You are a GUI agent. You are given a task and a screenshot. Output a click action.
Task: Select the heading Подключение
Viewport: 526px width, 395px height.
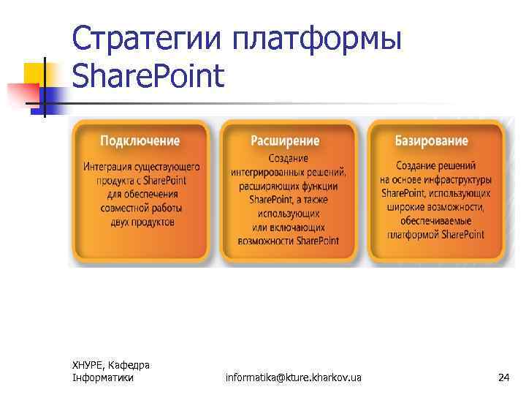tap(140, 140)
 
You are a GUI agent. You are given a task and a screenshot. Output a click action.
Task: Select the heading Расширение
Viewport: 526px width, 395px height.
tap(285, 140)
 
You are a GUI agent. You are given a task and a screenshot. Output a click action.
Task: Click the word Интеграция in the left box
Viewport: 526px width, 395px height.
tap(110, 168)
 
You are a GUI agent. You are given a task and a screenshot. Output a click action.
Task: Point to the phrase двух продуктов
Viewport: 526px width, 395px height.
tap(142, 222)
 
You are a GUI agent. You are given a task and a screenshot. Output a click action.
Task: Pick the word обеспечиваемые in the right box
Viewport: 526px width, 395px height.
tap(435, 221)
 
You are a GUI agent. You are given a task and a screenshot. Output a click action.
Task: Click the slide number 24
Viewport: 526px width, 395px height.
tap(503, 377)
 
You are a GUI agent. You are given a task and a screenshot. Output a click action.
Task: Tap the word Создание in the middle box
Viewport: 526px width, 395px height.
tap(288, 159)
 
